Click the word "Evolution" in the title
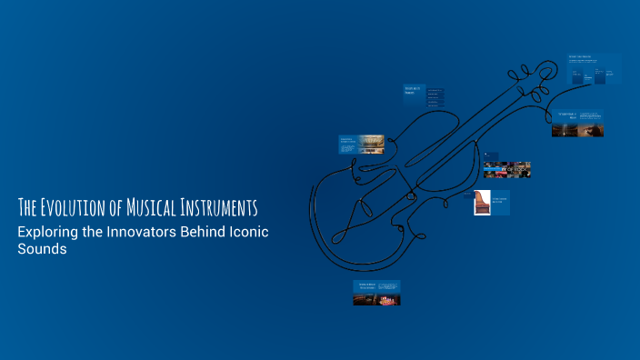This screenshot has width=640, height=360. [75, 205]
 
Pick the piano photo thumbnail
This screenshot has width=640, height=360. [483, 202]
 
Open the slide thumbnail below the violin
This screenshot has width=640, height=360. [376, 292]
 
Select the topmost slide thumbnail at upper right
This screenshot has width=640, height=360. [595, 70]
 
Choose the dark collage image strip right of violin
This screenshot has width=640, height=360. [507, 170]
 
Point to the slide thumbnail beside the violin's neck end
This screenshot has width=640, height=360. [576, 124]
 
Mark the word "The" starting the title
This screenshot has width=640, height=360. [28, 205]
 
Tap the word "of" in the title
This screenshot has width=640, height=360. [125, 205]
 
